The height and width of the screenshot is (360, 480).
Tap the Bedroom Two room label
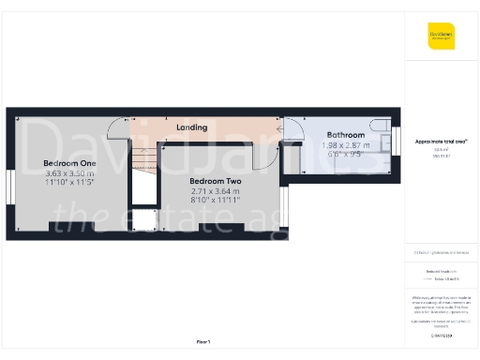pyautogui.click(x=217, y=180)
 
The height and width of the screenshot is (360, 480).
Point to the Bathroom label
pyautogui.click(x=343, y=135)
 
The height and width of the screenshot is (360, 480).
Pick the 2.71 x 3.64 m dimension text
pyautogui.click(x=217, y=190)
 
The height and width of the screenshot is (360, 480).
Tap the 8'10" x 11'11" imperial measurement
pyautogui.click(x=217, y=200)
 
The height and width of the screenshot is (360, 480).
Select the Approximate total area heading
pyautogui.click(x=441, y=142)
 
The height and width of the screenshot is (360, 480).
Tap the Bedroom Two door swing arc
pyautogui.click(x=268, y=154)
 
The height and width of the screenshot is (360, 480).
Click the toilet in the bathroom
pyautogui.click(x=381, y=126)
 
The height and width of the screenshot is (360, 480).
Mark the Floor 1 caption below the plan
pyautogui.click(x=203, y=341)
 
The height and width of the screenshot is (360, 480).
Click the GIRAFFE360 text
pyautogui.click(x=441, y=334)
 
